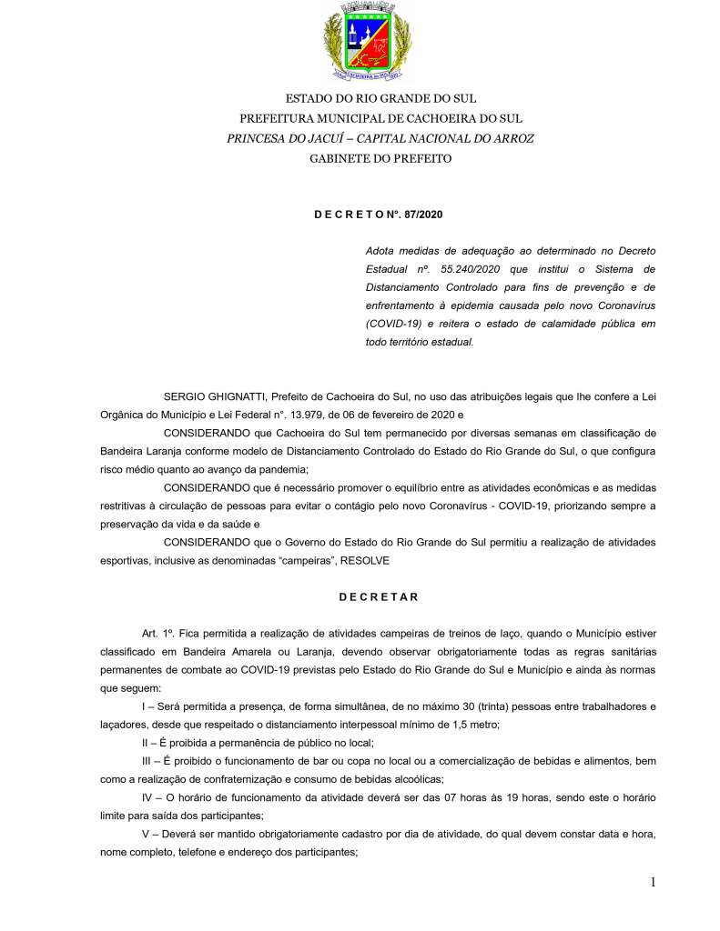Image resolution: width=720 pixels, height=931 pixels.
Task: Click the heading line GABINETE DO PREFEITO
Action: tap(380, 158)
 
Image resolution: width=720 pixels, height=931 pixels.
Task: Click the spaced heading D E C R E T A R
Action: tap(379, 597)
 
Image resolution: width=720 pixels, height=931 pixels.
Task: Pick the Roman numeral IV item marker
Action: tap(140, 796)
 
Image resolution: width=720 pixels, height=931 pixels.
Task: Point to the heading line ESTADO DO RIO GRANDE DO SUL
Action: tap(380, 98)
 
